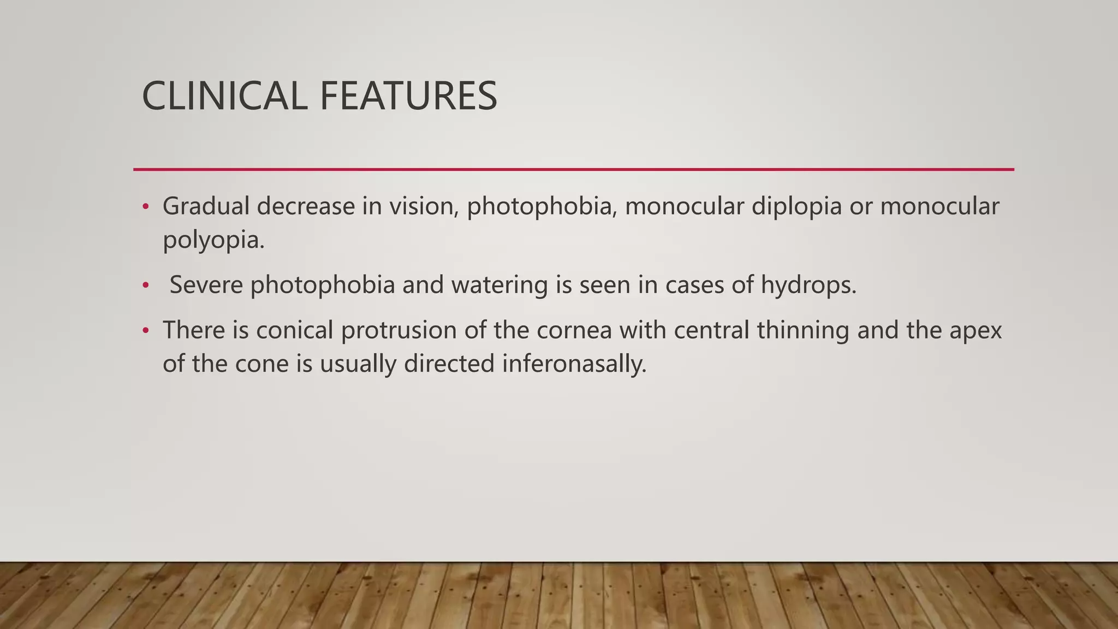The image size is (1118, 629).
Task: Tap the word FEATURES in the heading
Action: (408, 96)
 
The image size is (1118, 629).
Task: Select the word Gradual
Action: (206, 206)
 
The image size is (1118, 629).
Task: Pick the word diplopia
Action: (796, 206)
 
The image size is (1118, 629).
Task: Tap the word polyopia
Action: (213, 240)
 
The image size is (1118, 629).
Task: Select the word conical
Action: (294, 330)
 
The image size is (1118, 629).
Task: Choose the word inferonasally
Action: (574, 364)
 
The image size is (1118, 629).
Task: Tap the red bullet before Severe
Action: (145, 286)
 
